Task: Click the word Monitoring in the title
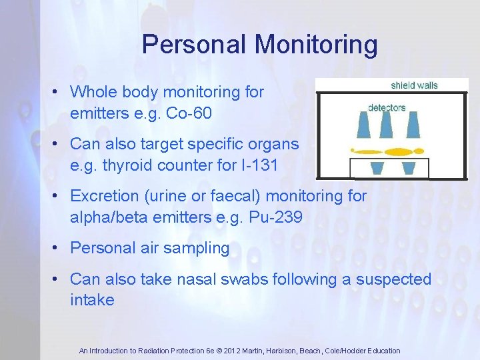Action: coord(317,45)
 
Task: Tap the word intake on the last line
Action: coord(92,300)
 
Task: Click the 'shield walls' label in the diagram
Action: coord(414,85)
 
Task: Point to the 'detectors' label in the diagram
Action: coord(387,107)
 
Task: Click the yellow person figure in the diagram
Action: coord(388,151)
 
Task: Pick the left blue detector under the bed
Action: coord(377,167)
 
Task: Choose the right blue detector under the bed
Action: coord(408,167)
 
